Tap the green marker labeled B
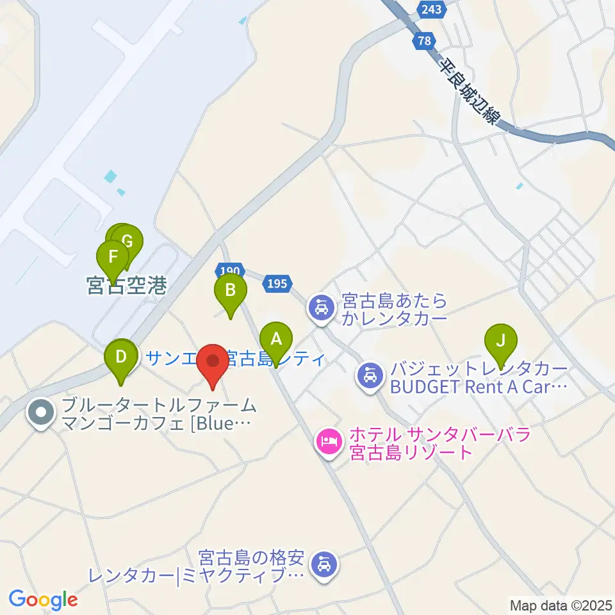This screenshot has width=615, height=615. pos(230,291)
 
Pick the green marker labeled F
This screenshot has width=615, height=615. pos(113,258)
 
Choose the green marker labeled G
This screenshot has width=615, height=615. pos(127,242)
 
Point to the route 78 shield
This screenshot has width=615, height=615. pos(422,40)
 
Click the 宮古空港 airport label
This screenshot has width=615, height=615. pos(126,286)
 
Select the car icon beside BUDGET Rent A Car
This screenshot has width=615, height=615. pos(370,373)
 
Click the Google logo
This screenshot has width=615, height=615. pos(43,600)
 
